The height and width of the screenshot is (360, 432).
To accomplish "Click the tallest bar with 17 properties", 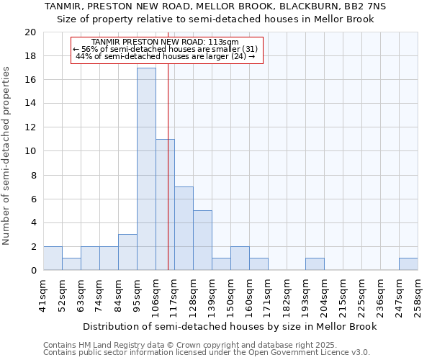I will tap(146, 169).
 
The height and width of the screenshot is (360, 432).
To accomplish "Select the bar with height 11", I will tap(165, 205).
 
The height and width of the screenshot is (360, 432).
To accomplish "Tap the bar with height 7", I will tap(184, 229).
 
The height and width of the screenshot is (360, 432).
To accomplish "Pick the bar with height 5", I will tap(202, 240).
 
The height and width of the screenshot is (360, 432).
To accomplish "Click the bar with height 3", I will tap(127, 253).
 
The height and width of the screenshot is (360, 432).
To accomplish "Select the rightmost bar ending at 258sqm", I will tap(408, 264).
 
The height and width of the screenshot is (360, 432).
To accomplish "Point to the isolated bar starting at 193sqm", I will tap(315, 264).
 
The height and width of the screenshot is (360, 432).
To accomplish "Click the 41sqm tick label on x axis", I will tap(44, 294).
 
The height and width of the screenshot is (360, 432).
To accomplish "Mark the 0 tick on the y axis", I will tap(33, 271).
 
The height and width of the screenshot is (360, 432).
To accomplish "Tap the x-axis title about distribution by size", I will tap(228, 326).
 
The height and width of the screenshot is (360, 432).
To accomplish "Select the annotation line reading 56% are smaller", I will tap(165, 49).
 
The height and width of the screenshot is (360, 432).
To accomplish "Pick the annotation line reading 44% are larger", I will tap(165, 56).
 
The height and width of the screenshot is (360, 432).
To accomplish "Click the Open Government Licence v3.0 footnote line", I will tap(206, 353).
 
